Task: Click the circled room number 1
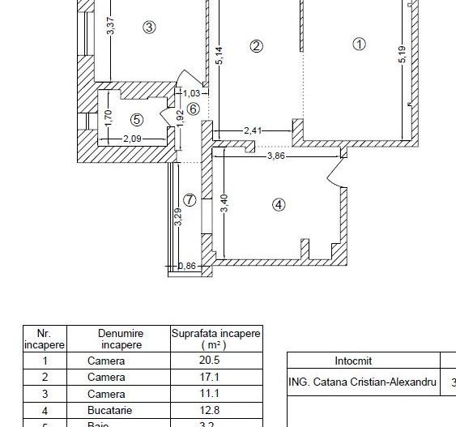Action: point(360,45)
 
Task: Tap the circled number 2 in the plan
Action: point(256,46)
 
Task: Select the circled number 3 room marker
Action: point(149,27)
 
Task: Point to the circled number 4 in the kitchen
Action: point(279,205)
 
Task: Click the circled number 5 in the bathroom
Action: point(136,119)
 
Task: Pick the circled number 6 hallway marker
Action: point(193,109)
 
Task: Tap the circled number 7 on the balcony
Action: point(189,199)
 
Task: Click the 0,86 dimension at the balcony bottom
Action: point(186,265)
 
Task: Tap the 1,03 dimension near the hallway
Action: point(190,92)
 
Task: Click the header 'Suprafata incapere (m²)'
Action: point(215,339)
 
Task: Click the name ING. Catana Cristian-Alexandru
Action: point(363,382)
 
